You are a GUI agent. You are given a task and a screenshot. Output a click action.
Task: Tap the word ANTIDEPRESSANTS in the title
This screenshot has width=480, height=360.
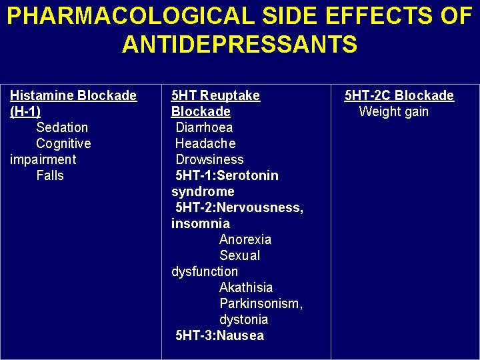pos(239,45)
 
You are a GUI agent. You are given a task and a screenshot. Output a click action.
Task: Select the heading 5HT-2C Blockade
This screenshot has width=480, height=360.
pos(399,95)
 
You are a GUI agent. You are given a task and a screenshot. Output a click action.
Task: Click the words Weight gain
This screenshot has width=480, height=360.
pos(393,111)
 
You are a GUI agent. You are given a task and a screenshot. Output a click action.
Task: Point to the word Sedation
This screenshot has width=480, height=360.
pos(62,127)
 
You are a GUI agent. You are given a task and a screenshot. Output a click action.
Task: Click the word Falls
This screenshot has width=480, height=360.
pos(50,175)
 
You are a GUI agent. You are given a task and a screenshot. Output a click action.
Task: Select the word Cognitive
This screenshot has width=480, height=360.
pos(63,143)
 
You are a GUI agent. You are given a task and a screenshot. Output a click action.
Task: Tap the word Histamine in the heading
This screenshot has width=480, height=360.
pos(41,95)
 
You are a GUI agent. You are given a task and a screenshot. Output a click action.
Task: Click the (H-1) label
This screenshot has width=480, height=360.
pos(25,111)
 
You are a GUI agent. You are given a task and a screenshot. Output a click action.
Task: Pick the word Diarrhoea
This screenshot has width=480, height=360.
pos(204,127)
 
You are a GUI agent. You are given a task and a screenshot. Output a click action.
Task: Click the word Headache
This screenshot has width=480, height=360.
pos(205,143)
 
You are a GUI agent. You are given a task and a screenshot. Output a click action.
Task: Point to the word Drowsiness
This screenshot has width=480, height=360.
pos(209,159)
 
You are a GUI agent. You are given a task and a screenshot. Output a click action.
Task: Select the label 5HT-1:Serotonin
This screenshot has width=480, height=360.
pos(227,175)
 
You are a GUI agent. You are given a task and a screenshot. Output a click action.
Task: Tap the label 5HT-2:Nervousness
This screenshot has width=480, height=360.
pos(238,207)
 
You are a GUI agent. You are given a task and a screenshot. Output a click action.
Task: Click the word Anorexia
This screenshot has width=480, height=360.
pos(245,239)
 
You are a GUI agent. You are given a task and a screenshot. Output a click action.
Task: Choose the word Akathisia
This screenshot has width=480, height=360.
pos(246,287)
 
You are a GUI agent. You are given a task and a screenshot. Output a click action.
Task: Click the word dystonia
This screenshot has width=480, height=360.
pos(243,319)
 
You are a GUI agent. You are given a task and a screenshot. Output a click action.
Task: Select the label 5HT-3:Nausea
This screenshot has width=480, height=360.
pos(219,335)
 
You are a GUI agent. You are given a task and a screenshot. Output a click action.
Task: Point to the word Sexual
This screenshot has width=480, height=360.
pos(239,255)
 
